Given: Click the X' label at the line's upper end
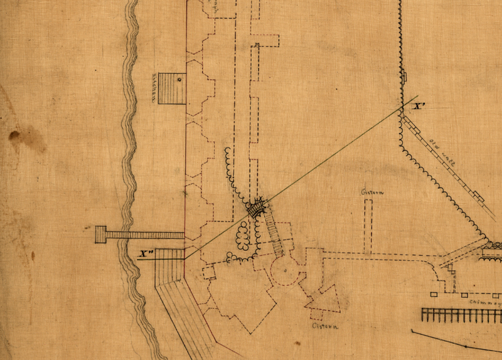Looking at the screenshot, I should [420, 107].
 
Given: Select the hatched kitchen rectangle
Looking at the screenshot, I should [172, 88].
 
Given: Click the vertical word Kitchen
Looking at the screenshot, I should [153, 88].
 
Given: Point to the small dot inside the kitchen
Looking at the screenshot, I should [179, 80].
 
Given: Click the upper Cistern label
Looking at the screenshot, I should [372, 193].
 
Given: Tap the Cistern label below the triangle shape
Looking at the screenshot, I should [325, 327].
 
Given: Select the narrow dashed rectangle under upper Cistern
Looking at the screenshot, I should [368, 226].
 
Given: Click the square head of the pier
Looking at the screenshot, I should [100, 235].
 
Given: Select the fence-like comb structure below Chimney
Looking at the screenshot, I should [461, 314].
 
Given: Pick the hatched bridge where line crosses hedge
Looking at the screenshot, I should [256, 208].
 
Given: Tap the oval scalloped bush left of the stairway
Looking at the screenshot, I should [241, 235].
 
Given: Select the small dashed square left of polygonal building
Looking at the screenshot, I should [208, 272].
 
